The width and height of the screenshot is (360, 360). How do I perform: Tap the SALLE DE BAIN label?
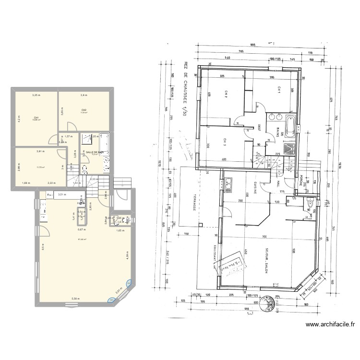pyautogui.click(x=95, y=152)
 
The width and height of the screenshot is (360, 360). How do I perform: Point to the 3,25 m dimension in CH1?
pyautogui.click(x=36, y=95)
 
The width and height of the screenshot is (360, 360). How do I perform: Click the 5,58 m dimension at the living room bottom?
pyautogui.click(x=75, y=299)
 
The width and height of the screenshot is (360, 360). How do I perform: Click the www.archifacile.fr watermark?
pyautogui.click(x=331, y=325)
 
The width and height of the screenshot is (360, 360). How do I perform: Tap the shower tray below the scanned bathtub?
pyautogui.click(x=289, y=148)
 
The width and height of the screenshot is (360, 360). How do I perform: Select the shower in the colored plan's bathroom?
pyautogui.click(x=88, y=139)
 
